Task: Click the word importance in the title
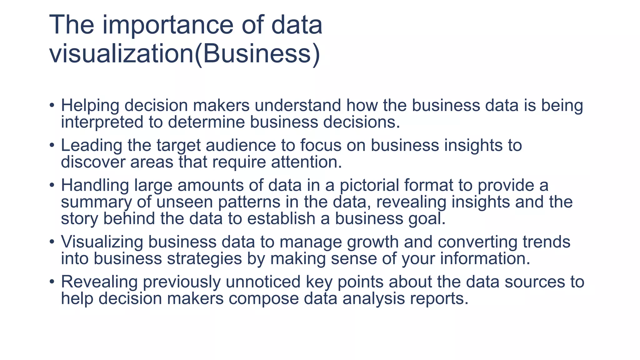point(168,26)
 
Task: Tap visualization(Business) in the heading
point(185,54)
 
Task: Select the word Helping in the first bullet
point(90,106)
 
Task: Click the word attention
point(306,162)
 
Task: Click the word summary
point(96,202)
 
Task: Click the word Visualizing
point(102,242)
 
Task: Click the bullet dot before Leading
point(52,146)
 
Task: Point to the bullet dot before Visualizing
point(52,242)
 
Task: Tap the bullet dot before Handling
point(52,186)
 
